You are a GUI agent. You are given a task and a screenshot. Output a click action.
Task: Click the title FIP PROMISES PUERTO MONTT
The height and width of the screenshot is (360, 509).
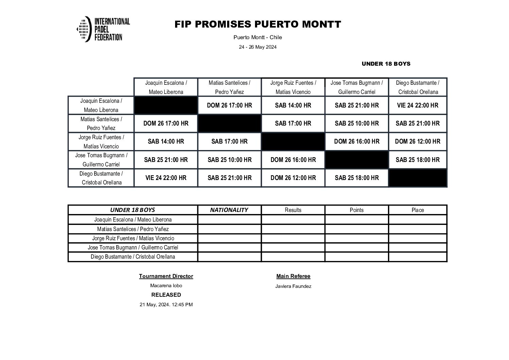[257, 24]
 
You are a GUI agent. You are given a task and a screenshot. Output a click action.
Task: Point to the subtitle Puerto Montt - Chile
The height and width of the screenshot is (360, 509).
[257, 37]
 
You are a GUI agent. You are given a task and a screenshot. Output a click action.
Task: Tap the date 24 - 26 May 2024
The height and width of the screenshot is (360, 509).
[257, 47]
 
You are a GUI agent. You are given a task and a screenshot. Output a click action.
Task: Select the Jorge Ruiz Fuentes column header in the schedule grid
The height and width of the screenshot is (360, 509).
[293, 87]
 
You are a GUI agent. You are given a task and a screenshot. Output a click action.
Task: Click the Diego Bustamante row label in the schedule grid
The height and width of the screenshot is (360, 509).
[101, 178]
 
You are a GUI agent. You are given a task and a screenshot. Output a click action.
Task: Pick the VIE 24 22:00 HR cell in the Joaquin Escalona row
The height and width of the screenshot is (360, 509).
[418, 105]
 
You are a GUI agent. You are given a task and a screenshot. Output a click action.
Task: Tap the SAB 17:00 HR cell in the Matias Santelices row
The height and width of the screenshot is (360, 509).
[293, 124]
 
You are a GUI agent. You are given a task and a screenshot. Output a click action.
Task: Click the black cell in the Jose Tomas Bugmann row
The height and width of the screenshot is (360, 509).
[357, 160]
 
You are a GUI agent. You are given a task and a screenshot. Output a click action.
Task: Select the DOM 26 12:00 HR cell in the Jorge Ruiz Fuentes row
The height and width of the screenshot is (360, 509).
[418, 142]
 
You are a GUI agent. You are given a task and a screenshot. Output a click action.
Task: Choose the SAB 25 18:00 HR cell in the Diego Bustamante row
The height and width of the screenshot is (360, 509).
[357, 178]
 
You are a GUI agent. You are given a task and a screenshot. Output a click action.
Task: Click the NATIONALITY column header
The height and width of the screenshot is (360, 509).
[229, 210]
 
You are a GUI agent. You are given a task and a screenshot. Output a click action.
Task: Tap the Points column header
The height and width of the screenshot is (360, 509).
[357, 210]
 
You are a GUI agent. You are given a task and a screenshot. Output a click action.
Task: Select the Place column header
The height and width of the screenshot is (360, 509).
[418, 210]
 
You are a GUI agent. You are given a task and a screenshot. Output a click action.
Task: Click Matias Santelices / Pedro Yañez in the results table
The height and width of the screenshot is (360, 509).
[133, 229]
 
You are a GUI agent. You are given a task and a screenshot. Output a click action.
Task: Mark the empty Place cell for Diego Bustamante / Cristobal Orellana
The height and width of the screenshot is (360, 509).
[418, 257]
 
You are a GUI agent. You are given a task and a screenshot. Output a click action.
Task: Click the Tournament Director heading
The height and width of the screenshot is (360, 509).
[166, 276]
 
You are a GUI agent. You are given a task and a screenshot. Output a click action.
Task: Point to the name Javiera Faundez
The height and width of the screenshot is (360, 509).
[293, 287]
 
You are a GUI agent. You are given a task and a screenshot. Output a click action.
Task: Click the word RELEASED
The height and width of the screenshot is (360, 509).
[166, 295]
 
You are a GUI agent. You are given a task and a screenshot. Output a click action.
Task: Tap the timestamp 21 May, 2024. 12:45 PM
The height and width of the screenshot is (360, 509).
[166, 305]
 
